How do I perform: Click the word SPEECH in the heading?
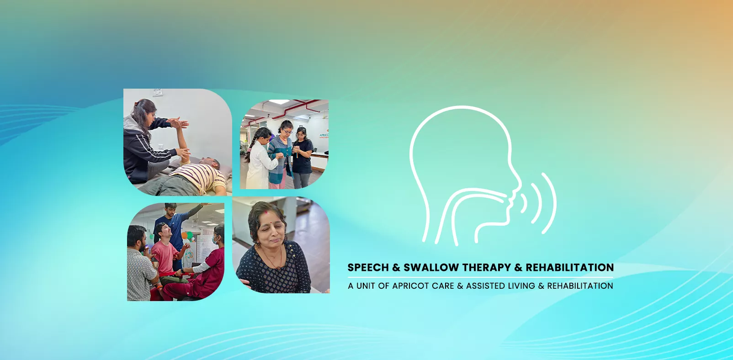tap(368, 268)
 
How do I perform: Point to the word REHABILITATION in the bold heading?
tap(569, 268)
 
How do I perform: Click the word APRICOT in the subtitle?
tap(410, 286)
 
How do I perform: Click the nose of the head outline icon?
tap(518, 185)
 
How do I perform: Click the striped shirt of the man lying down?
tap(201, 176)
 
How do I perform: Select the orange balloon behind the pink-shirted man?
tap(185, 236)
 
